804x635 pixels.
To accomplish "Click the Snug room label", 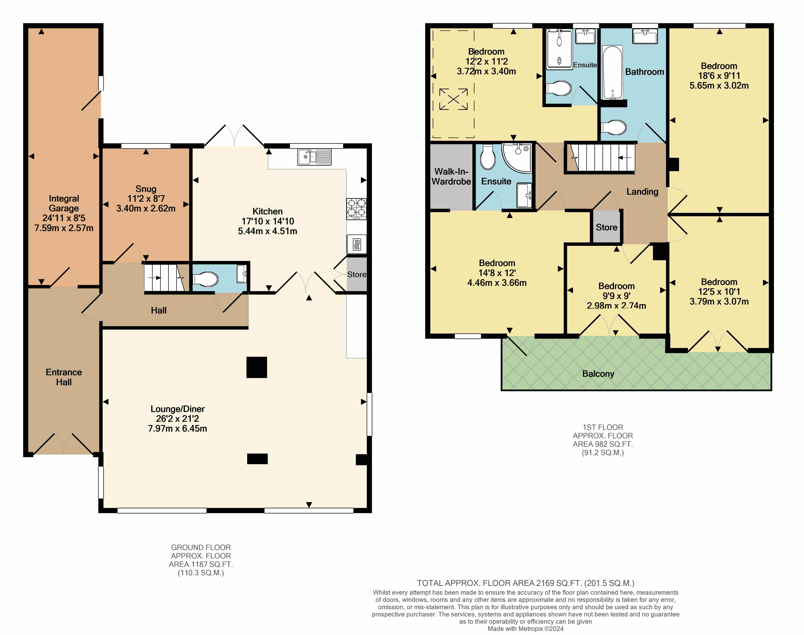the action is tap(146, 189).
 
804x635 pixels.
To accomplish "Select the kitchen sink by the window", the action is tap(314, 157).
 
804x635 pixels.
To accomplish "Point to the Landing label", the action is tap(642, 192).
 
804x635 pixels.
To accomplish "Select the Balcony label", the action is tap(598, 374).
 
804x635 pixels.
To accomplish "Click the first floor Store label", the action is tap(607, 227).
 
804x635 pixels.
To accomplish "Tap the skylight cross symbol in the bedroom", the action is tap(453, 99).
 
